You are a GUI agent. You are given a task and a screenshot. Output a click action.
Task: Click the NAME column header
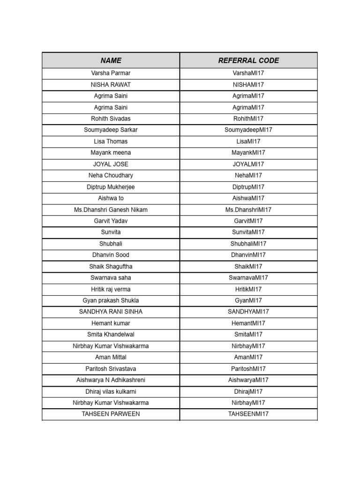point(111,60)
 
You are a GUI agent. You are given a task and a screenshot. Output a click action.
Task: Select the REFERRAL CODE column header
point(248,60)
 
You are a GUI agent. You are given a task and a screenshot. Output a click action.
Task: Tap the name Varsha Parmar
point(111,73)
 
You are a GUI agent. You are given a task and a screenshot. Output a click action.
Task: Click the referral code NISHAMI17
point(248,85)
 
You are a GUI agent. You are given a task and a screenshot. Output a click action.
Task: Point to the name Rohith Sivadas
point(111,119)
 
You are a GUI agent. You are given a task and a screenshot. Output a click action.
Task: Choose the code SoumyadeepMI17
point(248,130)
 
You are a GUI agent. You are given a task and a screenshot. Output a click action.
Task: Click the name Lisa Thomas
point(111,141)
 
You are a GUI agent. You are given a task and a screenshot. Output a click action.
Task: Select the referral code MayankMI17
point(248,153)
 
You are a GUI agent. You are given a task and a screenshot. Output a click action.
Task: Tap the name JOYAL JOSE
point(111,164)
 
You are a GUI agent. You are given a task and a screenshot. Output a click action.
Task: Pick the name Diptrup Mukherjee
point(111,187)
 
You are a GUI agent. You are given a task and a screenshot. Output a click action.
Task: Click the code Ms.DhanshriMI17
point(248,210)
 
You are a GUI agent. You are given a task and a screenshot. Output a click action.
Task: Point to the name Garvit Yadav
point(111,221)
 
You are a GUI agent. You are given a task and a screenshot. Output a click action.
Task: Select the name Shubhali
point(111,244)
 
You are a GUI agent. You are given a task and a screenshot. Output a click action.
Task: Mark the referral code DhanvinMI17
point(248,255)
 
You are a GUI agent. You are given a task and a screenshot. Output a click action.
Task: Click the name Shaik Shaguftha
point(111,266)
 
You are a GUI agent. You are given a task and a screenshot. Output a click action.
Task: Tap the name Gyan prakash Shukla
point(111,300)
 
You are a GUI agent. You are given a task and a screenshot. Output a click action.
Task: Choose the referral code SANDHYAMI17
point(248,312)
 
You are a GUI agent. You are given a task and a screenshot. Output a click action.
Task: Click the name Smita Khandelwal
point(111,334)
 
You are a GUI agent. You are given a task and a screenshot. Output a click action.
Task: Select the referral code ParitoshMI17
point(248,369)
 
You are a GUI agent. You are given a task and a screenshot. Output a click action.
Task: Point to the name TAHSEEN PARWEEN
point(111,414)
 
